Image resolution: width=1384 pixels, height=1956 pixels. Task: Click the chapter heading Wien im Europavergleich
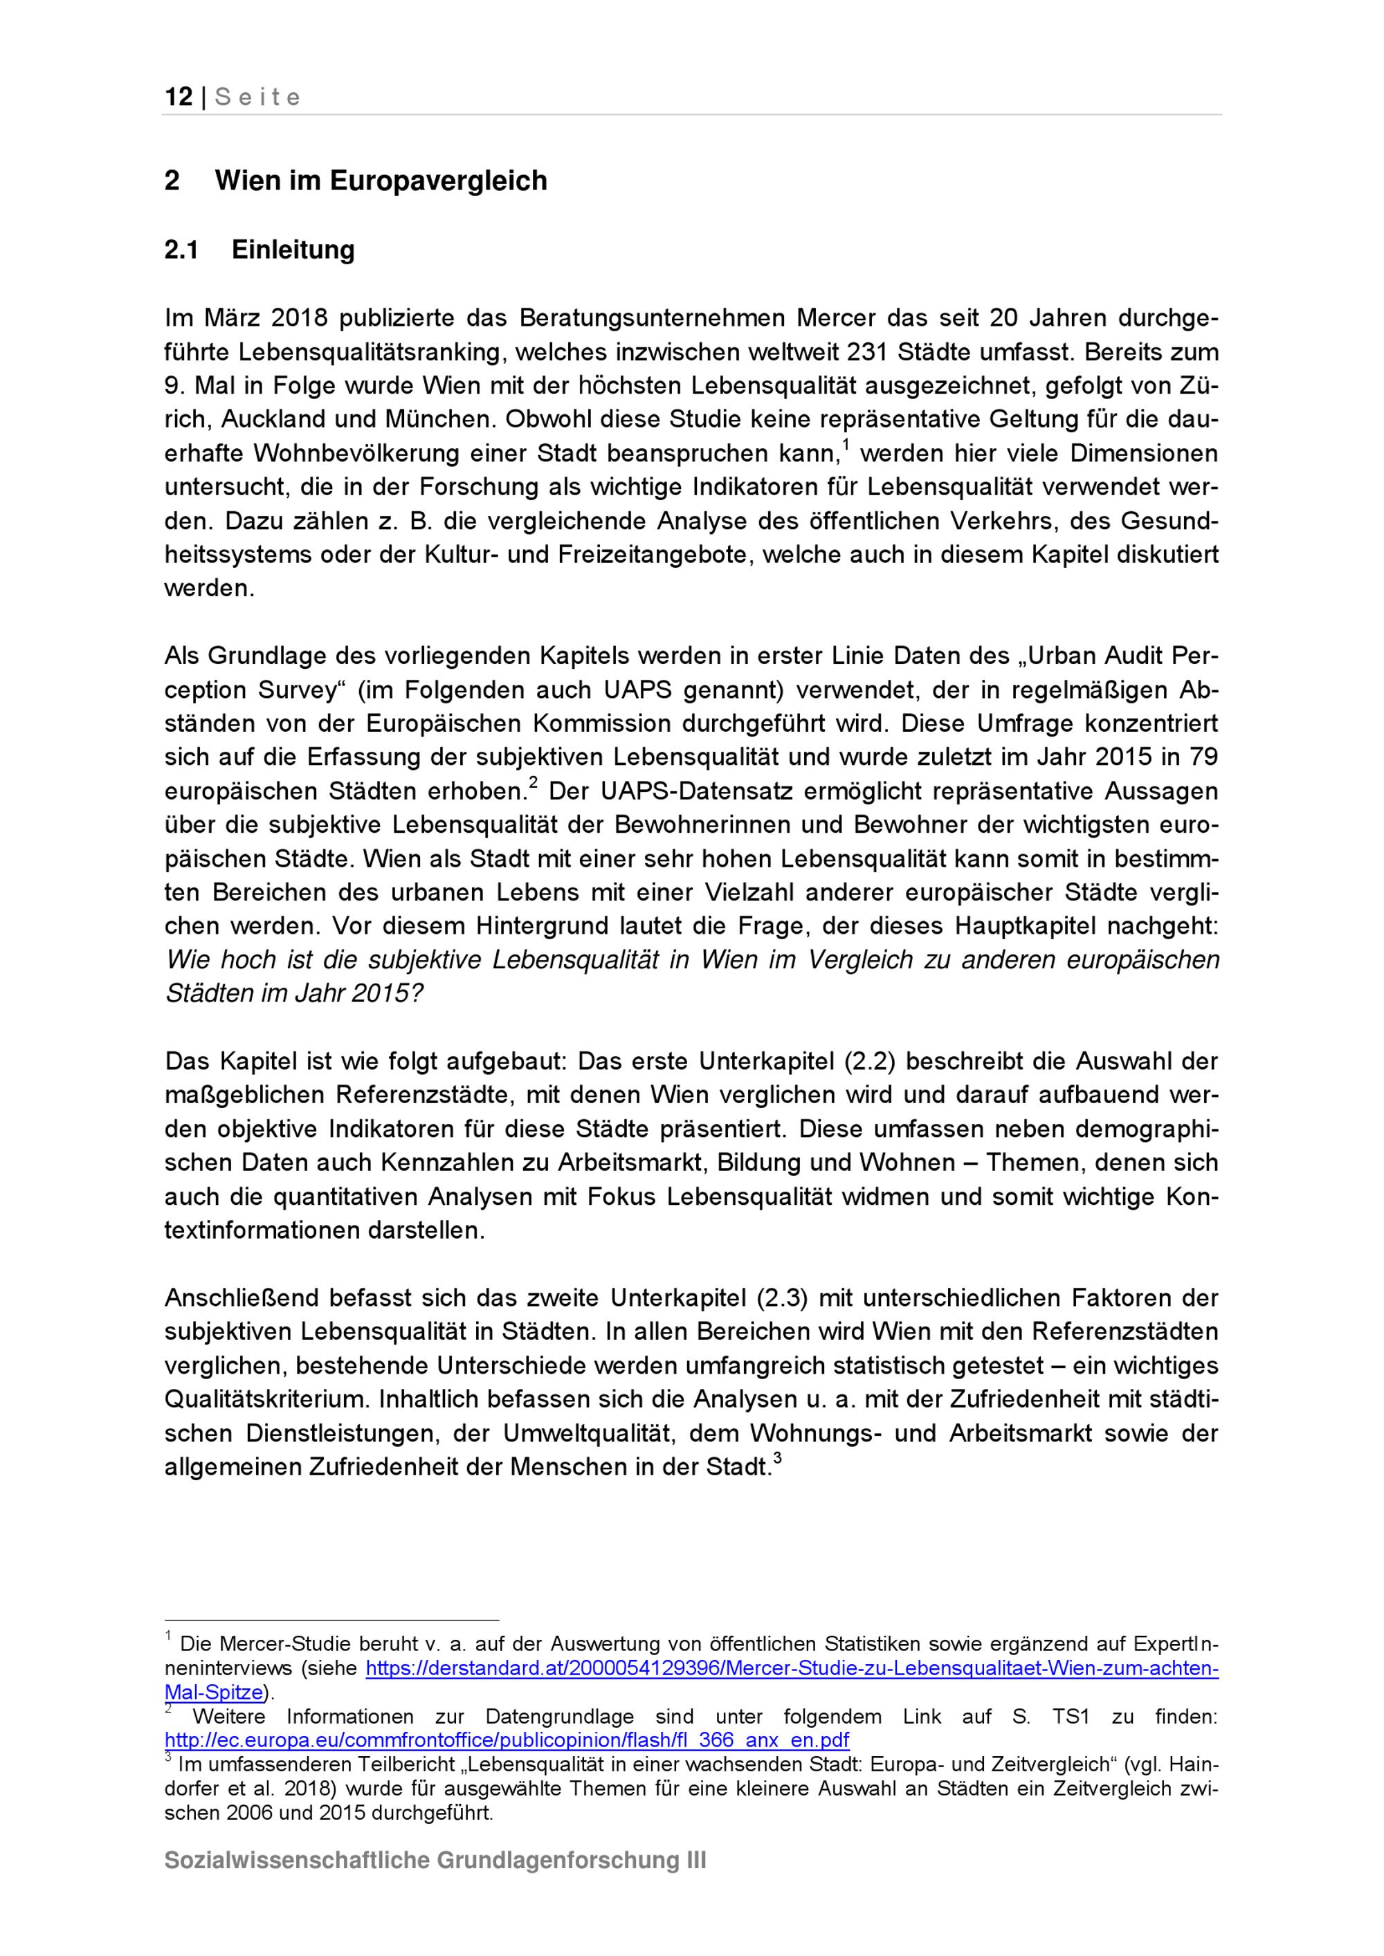[381, 181]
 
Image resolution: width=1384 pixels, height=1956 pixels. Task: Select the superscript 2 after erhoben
[534, 782]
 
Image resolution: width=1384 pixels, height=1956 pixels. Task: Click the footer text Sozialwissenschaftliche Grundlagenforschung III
[435, 1861]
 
